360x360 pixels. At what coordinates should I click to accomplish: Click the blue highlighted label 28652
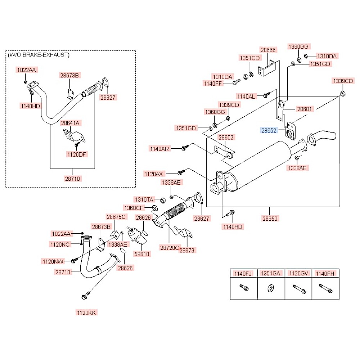point(269,130)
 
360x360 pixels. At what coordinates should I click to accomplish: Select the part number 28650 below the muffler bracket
point(270,218)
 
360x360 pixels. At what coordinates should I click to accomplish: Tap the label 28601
point(305,108)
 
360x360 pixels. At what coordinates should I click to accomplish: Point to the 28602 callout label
point(226,137)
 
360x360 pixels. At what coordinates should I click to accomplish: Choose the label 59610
point(143,253)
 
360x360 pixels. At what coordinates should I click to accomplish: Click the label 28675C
point(116,217)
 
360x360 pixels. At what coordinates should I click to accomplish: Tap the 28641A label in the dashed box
point(71,123)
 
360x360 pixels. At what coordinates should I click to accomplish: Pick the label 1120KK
point(86,312)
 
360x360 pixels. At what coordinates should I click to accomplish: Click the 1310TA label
point(144,199)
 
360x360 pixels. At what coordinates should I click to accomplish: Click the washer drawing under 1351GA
point(270,289)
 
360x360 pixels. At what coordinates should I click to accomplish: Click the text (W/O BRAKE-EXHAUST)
point(39,55)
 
